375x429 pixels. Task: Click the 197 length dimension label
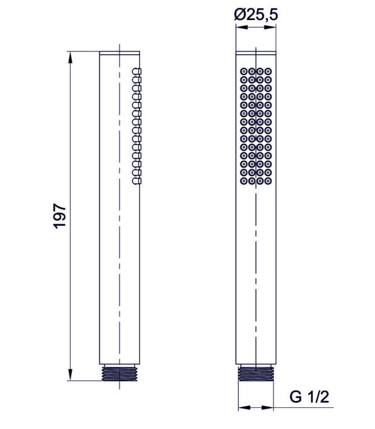point(60,215)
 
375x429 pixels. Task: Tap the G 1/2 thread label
point(310,397)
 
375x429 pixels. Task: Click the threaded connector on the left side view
point(119,374)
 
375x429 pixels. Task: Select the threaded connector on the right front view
point(256,374)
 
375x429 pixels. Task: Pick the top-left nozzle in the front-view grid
point(244,71)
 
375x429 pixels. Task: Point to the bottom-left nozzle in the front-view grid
point(244,180)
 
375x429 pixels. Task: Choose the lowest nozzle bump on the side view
point(137,180)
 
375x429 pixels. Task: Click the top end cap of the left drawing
point(119,54)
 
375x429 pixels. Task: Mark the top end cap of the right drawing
point(256,54)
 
